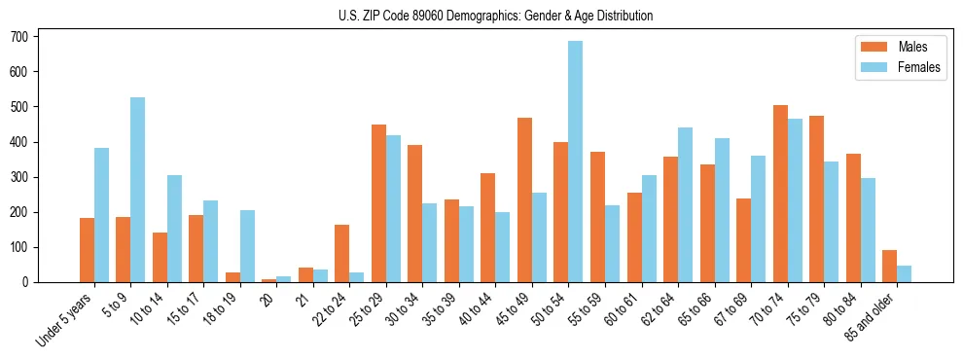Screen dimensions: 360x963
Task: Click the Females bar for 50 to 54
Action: pyautogui.click(x=576, y=162)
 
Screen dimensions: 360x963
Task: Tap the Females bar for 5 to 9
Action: pyautogui.click(x=138, y=190)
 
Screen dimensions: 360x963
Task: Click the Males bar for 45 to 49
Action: pyautogui.click(x=524, y=199)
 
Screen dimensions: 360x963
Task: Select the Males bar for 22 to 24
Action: pyautogui.click(x=342, y=253)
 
